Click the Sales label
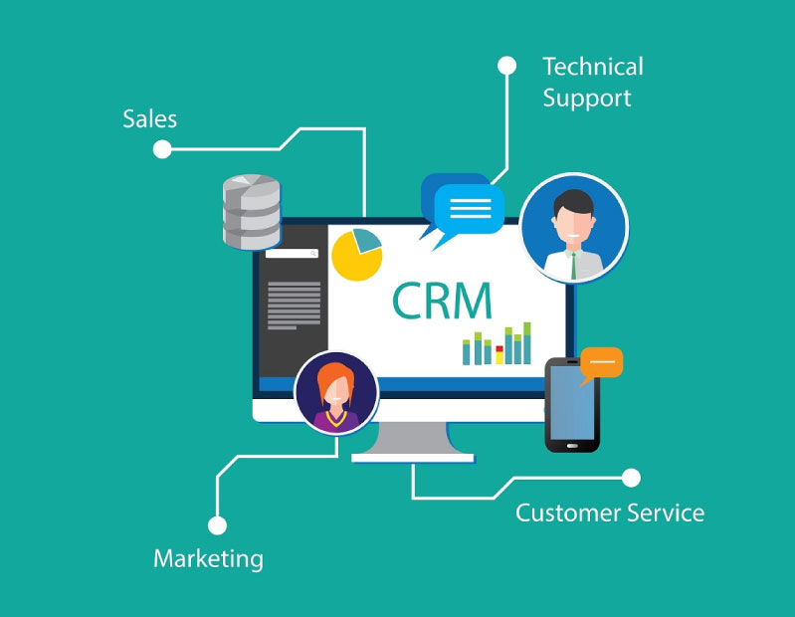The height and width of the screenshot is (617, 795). pyautogui.click(x=149, y=119)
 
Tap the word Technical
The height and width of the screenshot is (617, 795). pyautogui.click(x=593, y=67)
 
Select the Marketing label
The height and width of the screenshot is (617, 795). pyautogui.click(x=208, y=559)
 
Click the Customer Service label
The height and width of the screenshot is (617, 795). pyautogui.click(x=610, y=513)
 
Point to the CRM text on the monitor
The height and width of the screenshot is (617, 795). pyautogui.click(x=442, y=301)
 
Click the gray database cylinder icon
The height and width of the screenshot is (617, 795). pyautogui.click(x=252, y=212)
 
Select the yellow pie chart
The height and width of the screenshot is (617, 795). pyautogui.click(x=356, y=255)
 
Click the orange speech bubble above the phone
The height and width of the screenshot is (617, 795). pyautogui.click(x=601, y=363)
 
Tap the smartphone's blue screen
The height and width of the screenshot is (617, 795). pyautogui.click(x=572, y=403)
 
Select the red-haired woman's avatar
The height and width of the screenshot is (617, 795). pyautogui.click(x=336, y=393)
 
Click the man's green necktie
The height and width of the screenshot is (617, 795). pyautogui.click(x=573, y=265)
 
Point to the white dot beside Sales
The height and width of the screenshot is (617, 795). pyautogui.click(x=162, y=149)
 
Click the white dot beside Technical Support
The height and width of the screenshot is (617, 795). pyautogui.click(x=507, y=66)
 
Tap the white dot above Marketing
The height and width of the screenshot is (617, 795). pyautogui.click(x=218, y=525)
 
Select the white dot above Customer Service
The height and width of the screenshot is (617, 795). pyautogui.click(x=631, y=478)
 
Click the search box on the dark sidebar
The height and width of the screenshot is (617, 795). pyautogui.click(x=293, y=253)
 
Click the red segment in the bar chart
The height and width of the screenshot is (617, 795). pyautogui.click(x=499, y=349)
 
